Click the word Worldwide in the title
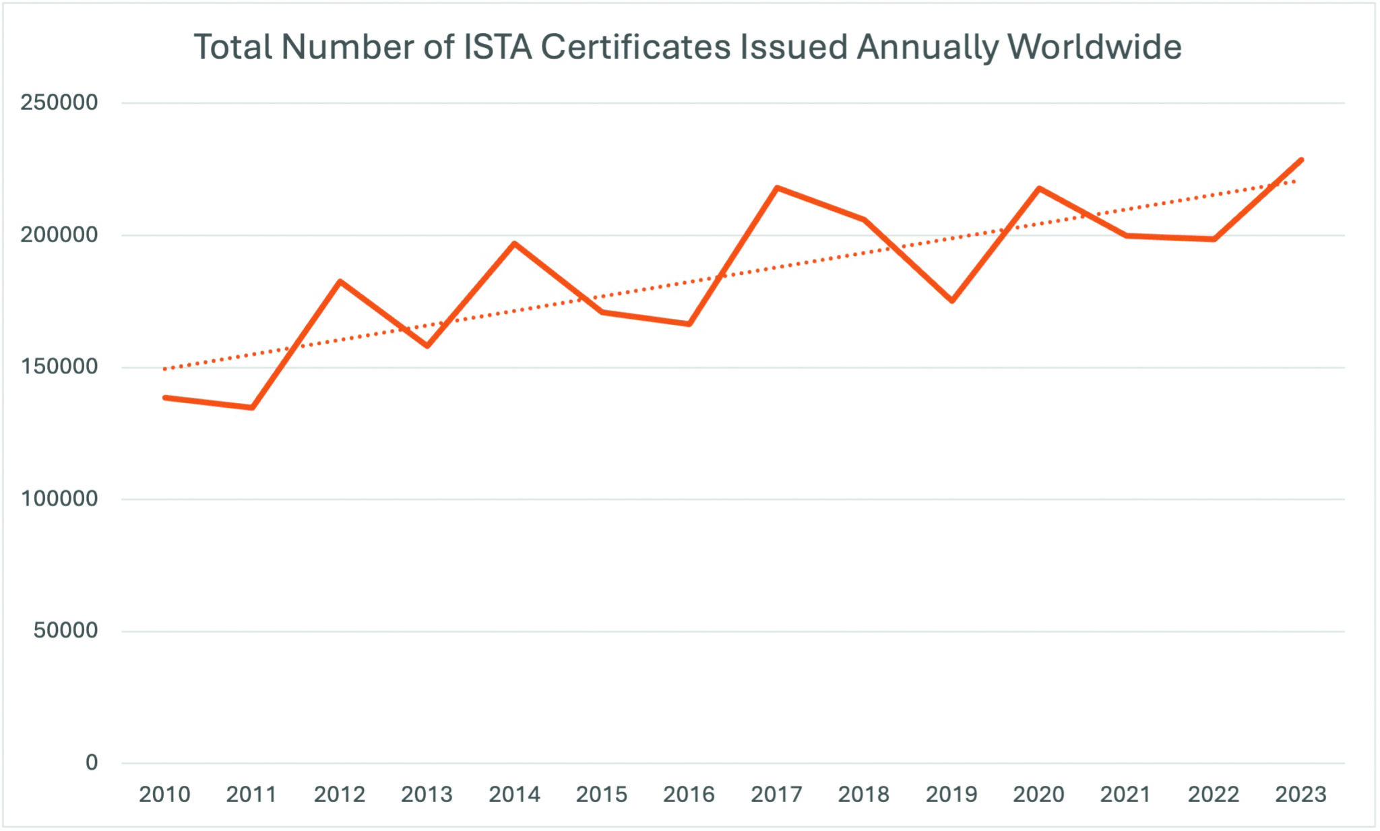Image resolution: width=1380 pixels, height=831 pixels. (x=1094, y=47)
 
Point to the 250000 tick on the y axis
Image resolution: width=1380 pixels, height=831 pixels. (x=59, y=102)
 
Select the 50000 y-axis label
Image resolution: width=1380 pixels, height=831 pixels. (x=66, y=631)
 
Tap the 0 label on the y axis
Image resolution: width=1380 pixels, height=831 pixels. (x=92, y=763)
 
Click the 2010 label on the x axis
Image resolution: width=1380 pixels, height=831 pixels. (x=164, y=795)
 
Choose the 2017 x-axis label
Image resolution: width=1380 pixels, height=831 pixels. (x=776, y=795)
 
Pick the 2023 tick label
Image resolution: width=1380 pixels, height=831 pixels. (x=1300, y=795)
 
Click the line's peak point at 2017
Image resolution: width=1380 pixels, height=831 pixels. (x=777, y=187)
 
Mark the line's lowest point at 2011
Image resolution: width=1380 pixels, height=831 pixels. (x=252, y=407)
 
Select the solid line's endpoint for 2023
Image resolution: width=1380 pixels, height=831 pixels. (x=1301, y=160)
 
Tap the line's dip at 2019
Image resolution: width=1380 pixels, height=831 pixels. (x=951, y=301)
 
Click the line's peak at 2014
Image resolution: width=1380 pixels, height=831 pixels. (x=515, y=243)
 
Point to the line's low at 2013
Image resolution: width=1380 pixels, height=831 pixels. (x=427, y=346)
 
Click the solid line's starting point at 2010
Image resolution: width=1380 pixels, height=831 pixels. (x=165, y=398)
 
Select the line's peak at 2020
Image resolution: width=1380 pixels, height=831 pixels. (x=1039, y=188)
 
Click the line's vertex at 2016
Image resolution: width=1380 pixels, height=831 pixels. (x=689, y=324)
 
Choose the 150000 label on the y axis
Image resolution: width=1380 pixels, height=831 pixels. (x=59, y=367)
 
